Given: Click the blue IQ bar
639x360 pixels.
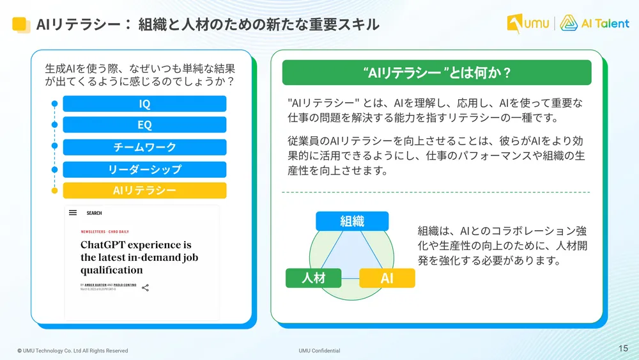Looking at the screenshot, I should coord(144,104).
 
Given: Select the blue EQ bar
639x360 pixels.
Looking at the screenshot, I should coord(144,125).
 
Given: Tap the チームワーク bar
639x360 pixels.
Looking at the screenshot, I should coord(144,147).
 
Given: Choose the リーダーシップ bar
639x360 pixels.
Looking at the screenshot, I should coord(144,169).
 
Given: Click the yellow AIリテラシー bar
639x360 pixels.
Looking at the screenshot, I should coord(144,191).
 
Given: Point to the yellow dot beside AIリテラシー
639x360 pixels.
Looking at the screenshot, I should coord(55,191).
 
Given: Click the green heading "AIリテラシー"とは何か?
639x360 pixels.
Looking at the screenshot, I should coord(436,73).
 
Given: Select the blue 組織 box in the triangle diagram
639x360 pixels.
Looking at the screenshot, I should coord(352,221).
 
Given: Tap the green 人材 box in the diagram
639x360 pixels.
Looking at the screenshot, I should coord(313,278).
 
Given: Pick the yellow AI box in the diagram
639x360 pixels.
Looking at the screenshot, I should coord(387,278).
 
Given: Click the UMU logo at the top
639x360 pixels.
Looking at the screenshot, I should coord(528,24).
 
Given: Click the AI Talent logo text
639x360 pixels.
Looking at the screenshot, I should coord(604,24).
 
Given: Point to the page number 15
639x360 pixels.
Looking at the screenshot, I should coord(624,348).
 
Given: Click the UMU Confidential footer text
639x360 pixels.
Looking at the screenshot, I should coord(319,350).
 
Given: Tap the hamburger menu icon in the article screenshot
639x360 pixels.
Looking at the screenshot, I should coord(73,213).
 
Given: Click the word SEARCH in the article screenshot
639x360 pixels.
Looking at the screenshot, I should coord(95,213).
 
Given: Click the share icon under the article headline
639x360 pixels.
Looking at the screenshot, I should coord(145,288).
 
